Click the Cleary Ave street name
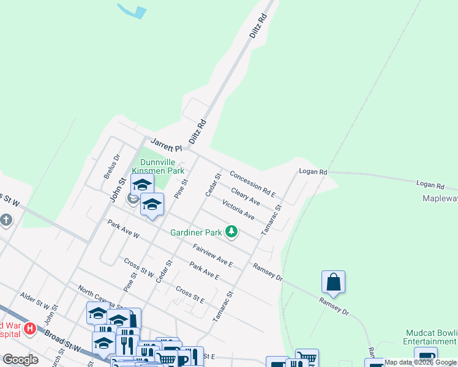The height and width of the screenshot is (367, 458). (x=246, y=196)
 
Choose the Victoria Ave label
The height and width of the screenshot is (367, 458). (x=238, y=209)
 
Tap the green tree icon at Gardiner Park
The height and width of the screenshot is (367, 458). (x=231, y=231)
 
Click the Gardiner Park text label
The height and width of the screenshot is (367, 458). (x=196, y=232)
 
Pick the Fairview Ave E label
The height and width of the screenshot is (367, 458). (x=212, y=255)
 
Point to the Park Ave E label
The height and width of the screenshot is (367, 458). (x=204, y=271)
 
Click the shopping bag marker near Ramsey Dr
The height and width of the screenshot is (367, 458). (x=333, y=282)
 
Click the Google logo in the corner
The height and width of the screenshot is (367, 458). (x=20, y=360)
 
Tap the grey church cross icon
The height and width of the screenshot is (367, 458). (x=6, y=220)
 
